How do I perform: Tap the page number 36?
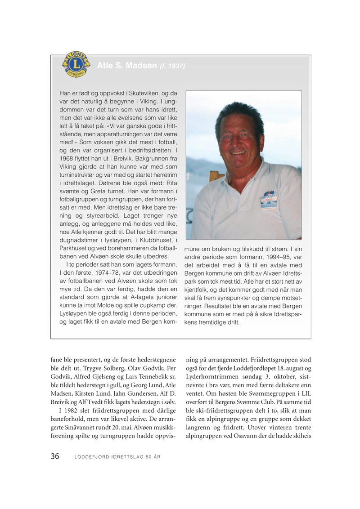click(x=55, y=456)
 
